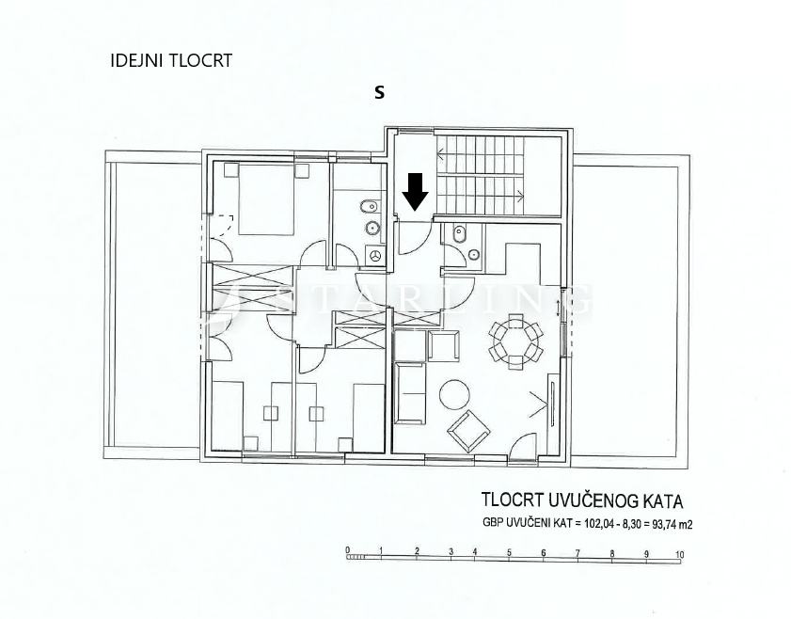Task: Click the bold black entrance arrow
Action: pyautogui.click(x=415, y=192)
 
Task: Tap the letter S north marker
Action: pyautogui.click(x=380, y=92)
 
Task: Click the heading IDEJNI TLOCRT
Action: pyautogui.click(x=171, y=61)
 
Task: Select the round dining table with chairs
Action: pyautogui.click(x=514, y=340)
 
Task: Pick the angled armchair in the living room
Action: pyautogui.click(x=467, y=431)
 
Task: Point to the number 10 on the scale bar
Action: pyautogui.click(x=679, y=555)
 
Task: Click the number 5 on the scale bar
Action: pyautogui.click(x=509, y=553)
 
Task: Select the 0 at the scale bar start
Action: pyautogui.click(x=347, y=551)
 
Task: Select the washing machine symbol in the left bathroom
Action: pyautogui.click(x=375, y=255)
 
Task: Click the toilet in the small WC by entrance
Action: pyautogui.click(x=458, y=234)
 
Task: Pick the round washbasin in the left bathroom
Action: pyautogui.click(x=372, y=227)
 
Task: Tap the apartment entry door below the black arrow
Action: pyautogui.click(x=410, y=239)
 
